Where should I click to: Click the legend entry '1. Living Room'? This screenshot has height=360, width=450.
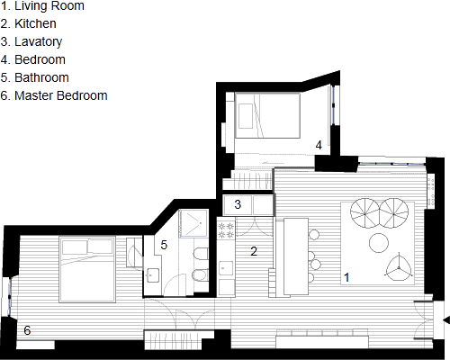42,6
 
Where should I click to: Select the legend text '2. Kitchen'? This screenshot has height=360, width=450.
29,23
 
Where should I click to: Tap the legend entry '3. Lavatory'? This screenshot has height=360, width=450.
31,42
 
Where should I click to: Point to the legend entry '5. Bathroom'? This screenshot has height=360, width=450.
35,77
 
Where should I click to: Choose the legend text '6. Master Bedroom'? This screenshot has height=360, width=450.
54,95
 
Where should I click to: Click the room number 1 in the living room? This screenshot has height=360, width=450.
346,277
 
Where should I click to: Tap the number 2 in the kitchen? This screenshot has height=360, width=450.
254,251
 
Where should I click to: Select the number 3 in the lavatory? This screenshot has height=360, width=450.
238,204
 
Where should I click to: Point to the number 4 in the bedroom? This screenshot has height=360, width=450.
319,145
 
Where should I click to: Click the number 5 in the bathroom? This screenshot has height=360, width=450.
164,245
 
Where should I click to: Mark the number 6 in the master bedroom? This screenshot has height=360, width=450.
27,330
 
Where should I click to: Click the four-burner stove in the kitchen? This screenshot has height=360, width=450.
226,230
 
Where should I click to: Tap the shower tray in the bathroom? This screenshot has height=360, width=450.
193,223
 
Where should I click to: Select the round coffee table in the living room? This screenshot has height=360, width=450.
379,243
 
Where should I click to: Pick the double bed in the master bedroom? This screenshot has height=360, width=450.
87,269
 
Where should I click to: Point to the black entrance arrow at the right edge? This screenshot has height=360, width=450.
446,319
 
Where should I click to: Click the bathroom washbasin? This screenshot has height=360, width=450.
153,275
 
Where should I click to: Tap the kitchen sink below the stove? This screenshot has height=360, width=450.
226,268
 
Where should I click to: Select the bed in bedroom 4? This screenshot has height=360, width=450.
267,115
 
